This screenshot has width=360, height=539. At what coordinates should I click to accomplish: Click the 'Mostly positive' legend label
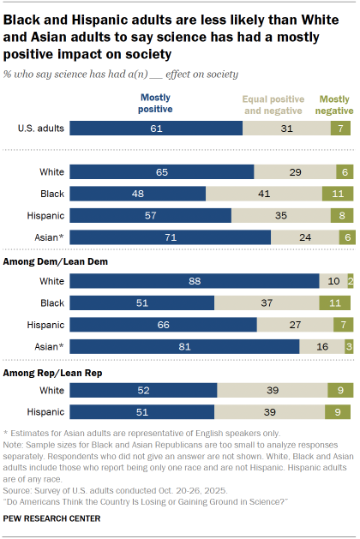click(x=155, y=104)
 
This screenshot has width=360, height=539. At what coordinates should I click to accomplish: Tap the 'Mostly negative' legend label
click(x=334, y=104)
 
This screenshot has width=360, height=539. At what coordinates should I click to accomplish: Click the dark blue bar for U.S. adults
click(x=156, y=129)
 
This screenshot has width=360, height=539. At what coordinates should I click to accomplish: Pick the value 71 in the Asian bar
click(x=170, y=237)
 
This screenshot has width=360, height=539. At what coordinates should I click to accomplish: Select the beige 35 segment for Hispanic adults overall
click(x=280, y=214)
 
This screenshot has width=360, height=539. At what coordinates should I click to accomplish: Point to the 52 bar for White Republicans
click(x=143, y=391)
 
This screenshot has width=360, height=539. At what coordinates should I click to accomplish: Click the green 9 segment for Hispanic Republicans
click(x=339, y=413)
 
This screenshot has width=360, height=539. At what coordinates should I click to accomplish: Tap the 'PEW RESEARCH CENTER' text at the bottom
click(x=52, y=518)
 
